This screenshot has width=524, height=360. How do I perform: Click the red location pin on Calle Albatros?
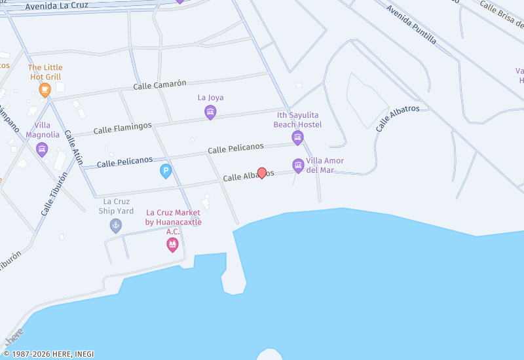(262, 173)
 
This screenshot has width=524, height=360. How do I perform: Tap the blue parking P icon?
(166, 171)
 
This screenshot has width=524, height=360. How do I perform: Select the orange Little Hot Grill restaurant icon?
(45, 90)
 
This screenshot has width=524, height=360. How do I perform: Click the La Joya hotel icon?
(210, 112)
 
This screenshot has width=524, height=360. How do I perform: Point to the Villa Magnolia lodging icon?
(42, 149)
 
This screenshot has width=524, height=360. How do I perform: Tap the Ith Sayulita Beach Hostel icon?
(297, 137)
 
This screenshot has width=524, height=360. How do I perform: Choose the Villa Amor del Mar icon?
(298, 166)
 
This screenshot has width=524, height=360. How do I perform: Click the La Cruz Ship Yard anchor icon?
(116, 226)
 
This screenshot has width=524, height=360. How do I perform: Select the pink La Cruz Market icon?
(173, 245)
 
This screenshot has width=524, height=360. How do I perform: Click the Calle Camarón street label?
(160, 84)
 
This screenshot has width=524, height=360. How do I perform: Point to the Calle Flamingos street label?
(122, 127)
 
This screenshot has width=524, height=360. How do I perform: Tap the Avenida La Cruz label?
(56, 6)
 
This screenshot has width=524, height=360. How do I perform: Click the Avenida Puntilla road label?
(411, 24)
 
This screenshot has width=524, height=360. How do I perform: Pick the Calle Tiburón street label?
(54, 194)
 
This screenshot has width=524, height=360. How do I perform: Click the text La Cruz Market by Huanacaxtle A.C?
(174, 222)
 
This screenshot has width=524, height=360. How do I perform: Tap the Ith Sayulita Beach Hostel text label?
(298, 120)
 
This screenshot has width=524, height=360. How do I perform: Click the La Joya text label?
(210, 98)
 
